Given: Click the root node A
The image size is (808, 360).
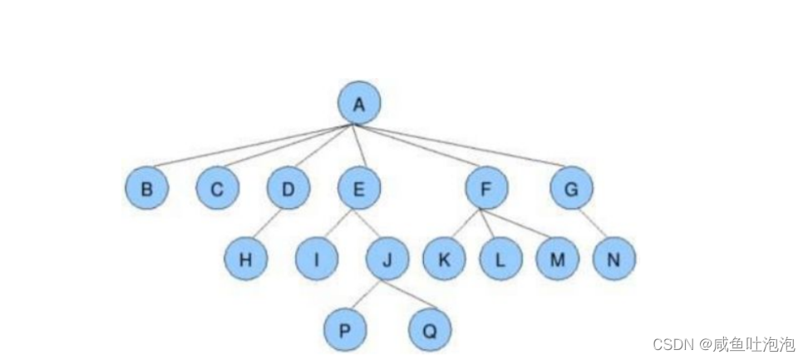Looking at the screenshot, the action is pyautogui.click(x=359, y=104).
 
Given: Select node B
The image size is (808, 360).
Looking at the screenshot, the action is pyautogui.click(x=147, y=188).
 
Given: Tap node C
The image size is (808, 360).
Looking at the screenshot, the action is pyautogui.click(x=217, y=188).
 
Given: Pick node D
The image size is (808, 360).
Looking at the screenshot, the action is pyautogui.click(x=288, y=188).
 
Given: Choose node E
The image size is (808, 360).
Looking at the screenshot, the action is pyautogui.click(x=359, y=188).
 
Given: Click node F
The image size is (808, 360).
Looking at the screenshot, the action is pyautogui.click(x=487, y=188).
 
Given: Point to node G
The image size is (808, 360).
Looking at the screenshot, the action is pyautogui.click(x=571, y=188).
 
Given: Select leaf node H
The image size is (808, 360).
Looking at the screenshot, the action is pyautogui.click(x=245, y=259).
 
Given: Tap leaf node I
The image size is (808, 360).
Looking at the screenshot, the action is pyautogui.click(x=316, y=259).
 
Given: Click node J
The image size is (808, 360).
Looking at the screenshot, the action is pyautogui.click(x=387, y=259).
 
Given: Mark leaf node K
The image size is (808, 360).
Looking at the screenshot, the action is pyautogui.click(x=444, y=259).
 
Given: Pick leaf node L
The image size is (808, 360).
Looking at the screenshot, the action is pyautogui.click(x=500, y=259).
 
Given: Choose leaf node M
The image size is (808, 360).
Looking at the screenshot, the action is pyautogui.click(x=557, y=259).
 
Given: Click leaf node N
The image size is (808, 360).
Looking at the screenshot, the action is pyautogui.click(x=613, y=259).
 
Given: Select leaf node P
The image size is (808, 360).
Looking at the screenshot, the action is pyautogui.click(x=345, y=330).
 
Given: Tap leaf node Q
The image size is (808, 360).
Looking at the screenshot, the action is pyautogui.click(x=430, y=330).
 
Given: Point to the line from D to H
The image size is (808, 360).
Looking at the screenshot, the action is pyautogui.click(x=266, y=224).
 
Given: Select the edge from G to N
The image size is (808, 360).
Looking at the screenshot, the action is pyautogui.click(x=592, y=223).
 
